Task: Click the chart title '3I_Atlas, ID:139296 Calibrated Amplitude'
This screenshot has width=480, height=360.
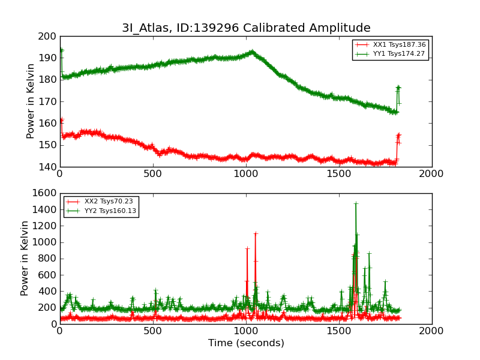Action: click(x=246, y=28)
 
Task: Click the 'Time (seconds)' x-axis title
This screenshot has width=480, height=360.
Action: click(x=246, y=343)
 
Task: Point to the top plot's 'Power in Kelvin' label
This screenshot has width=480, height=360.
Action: click(x=31, y=101)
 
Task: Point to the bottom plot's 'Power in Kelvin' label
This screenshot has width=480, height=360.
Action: click(x=25, y=258)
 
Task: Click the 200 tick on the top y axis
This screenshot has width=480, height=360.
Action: click(x=47, y=36)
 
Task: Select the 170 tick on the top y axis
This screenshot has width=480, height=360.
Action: click(x=47, y=101)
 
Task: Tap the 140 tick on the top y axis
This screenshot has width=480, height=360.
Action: click(x=47, y=167)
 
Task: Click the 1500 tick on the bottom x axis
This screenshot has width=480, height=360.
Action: click(x=338, y=331)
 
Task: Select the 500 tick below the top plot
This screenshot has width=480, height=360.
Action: click(x=152, y=174)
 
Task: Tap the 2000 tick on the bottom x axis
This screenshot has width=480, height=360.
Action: click(x=431, y=331)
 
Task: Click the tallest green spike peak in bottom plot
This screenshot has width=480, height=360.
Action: click(x=356, y=204)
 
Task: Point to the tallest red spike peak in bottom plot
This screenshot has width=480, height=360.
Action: click(x=255, y=233)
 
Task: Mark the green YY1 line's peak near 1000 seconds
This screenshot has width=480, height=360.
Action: click(x=252, y=52)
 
